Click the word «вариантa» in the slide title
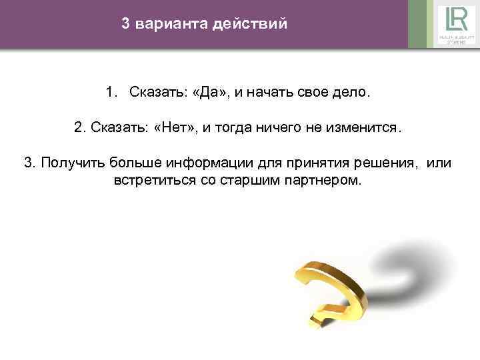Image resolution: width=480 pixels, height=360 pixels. [171, 25]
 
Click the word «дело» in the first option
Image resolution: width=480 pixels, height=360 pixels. [349, 91]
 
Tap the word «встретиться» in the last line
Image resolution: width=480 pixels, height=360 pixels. [153, 181]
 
